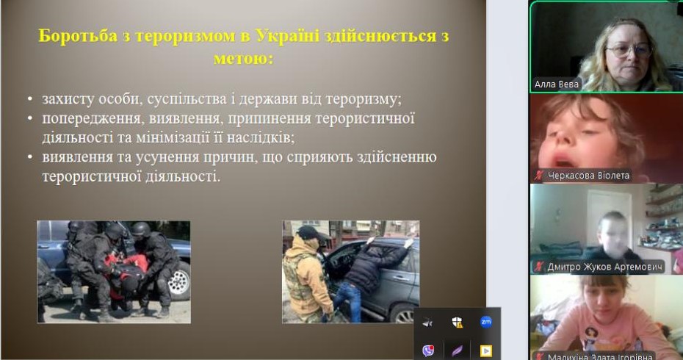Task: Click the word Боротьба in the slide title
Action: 78,36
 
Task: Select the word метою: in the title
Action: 243,58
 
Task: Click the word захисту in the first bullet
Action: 68,99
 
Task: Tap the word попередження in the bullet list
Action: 92,119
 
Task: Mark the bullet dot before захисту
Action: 29,99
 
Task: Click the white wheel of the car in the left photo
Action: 179,282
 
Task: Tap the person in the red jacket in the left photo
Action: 126,273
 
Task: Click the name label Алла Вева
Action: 557,84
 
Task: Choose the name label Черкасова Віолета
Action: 588,176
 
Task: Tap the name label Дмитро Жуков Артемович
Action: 605,267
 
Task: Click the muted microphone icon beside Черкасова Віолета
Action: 539,176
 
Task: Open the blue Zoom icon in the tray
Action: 486,322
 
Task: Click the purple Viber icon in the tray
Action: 428,350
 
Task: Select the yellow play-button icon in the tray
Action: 486,350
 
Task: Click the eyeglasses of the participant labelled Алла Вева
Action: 628,51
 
